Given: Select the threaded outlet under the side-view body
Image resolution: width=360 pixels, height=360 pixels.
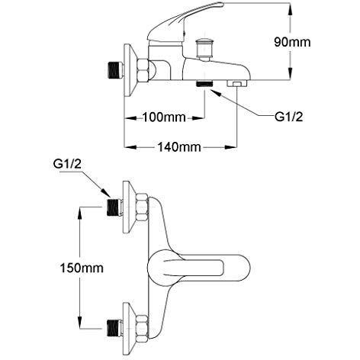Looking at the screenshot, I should click(x=204, y=83).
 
